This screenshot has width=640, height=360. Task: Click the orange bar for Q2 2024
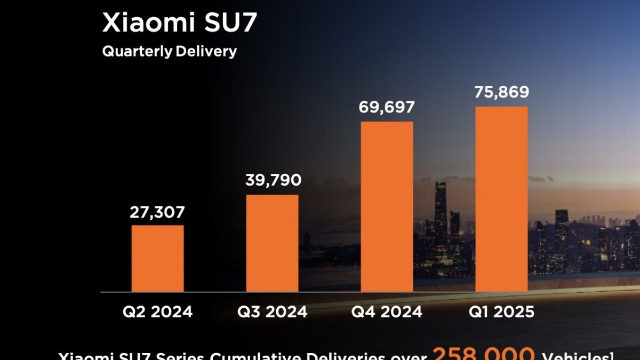tap(157, 259)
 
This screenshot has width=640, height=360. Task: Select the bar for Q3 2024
tap(272, 243)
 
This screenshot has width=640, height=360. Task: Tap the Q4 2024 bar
tap(387, 207)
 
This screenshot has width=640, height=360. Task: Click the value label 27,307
tap(157, 212)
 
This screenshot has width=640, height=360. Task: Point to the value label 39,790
tap(273, 180)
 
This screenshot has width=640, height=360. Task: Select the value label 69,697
tap(387, 107)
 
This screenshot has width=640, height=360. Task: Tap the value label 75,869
tap(501, 92)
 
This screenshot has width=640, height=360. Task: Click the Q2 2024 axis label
tap(157, 311)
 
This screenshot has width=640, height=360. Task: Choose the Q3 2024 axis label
tap(273, 311)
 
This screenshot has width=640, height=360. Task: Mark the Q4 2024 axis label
tap(387, 311)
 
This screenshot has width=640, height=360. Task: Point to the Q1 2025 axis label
tap(502, 311)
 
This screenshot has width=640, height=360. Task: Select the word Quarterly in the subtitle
tap(137, 52)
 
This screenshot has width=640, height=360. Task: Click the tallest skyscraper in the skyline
tap(441, 213)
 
